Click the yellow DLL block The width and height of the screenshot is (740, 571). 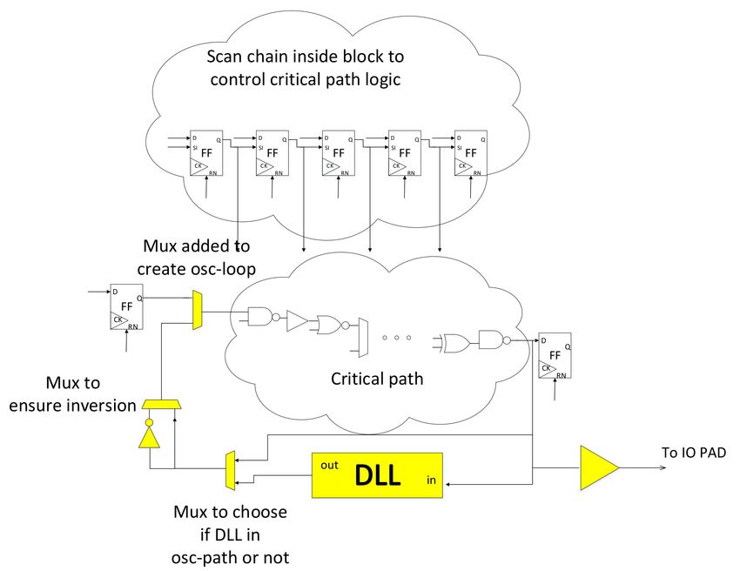377,475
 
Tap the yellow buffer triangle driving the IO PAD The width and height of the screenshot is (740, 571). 598,467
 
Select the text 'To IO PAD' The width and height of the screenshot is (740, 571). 694,453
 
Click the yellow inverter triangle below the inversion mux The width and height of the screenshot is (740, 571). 149,436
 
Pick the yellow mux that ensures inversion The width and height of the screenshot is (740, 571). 162,405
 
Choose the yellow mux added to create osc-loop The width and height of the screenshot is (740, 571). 198,310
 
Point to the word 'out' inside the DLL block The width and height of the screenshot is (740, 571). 329,466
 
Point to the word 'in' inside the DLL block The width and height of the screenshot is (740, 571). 431,480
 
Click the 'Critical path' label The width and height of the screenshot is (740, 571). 377,379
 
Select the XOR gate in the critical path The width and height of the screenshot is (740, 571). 456,343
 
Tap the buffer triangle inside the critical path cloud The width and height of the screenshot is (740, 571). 297,321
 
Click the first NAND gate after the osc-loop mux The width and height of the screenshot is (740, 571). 262,317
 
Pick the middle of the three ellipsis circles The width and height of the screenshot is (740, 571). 396,338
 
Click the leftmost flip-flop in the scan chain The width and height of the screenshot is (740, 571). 206,153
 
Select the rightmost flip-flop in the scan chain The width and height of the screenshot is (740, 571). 470,153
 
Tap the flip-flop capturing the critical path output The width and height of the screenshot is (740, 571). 555,355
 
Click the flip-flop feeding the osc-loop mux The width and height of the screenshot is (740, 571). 126,306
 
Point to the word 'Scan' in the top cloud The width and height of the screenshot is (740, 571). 224,57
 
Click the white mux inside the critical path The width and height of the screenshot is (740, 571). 363,338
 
